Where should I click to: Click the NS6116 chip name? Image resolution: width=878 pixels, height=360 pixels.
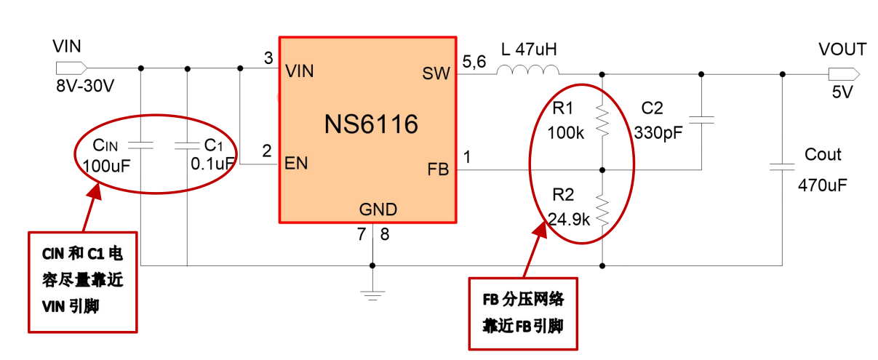(x=371, y=124)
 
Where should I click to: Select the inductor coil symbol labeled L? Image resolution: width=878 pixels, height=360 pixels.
(x=528, y=71)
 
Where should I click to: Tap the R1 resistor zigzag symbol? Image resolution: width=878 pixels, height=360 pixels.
(x=603, y=121)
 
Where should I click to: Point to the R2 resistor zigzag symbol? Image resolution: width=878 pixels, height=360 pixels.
(x=603, y=209)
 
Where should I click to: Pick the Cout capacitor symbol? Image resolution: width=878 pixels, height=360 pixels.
(x=782, y=167)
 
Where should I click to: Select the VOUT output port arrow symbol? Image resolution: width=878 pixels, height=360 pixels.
(x=843, y=73)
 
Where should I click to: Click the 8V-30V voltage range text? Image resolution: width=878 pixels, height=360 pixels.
(x=85, y=86)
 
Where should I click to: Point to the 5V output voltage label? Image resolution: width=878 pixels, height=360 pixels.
(x=842, y=92)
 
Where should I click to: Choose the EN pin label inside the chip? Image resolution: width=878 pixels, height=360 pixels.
(x=297, y=164)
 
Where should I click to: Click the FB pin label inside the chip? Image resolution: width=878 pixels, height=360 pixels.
(x=438, y=169)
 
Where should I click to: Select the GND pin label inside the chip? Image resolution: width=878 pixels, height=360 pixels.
(x=378, y=209)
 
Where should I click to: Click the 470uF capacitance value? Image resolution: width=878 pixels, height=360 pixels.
(x=823, y=184)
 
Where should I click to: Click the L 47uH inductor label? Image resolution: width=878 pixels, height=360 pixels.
(x=529, y=49)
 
